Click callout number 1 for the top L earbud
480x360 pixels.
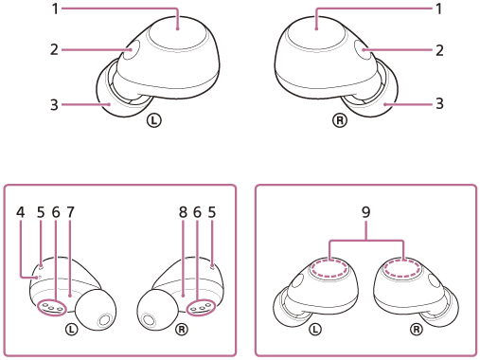(x=55, y=9)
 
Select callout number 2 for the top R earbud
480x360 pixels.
(x=439, y=49)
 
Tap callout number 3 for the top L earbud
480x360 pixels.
(x=55, y=104)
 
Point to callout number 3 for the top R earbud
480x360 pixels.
(x=439, y=104)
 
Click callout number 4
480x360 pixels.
(x=20, y=212)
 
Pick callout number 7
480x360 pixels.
(x=70, y=212)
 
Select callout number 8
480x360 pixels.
(x=183, y=212)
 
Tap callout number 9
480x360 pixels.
(x=365, y=212)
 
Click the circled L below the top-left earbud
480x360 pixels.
(x=153, y=121)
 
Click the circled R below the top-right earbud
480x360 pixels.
(x=338, y=121)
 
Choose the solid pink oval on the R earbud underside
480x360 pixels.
(x=201, y=306)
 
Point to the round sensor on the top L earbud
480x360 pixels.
(x=130, y=52)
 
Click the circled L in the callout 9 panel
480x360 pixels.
(x=316, y=329)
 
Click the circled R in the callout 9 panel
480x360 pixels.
(x=415, y=329)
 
